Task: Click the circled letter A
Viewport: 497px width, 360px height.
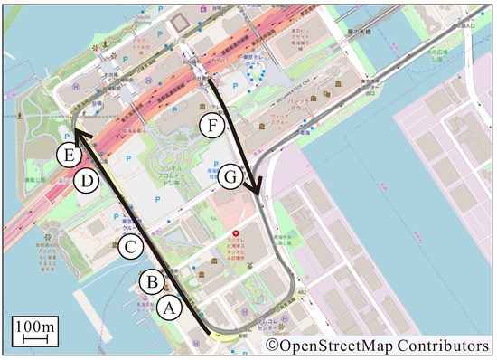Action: (168, 308)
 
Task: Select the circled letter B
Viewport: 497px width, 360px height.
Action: (151, 282)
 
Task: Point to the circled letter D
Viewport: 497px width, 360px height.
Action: (85, 180)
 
